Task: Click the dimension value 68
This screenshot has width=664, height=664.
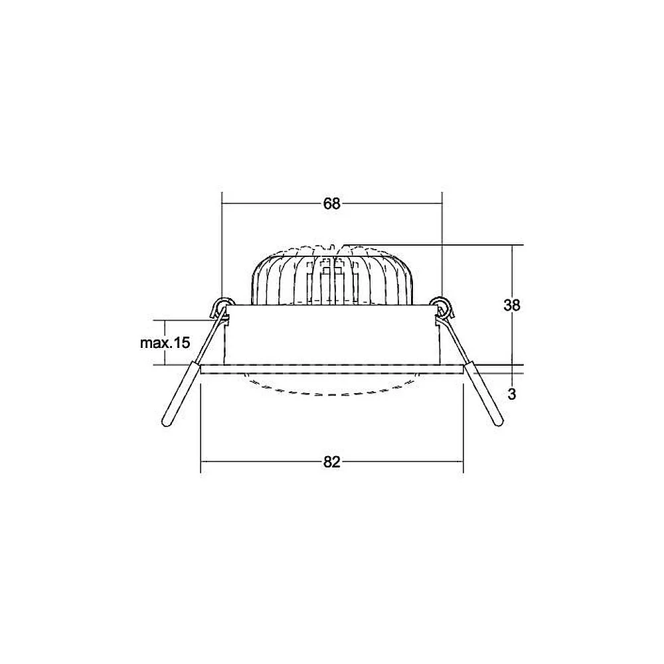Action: (331, 204)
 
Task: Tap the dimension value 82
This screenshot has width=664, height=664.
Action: (331, 462)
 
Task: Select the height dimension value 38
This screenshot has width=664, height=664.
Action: (511, 305)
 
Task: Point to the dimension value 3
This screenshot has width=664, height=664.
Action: (512, 394)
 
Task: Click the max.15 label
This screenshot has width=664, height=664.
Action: (165, 343)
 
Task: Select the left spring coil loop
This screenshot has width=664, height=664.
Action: (224, 305)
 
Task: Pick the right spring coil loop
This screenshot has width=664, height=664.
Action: (440, 305)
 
